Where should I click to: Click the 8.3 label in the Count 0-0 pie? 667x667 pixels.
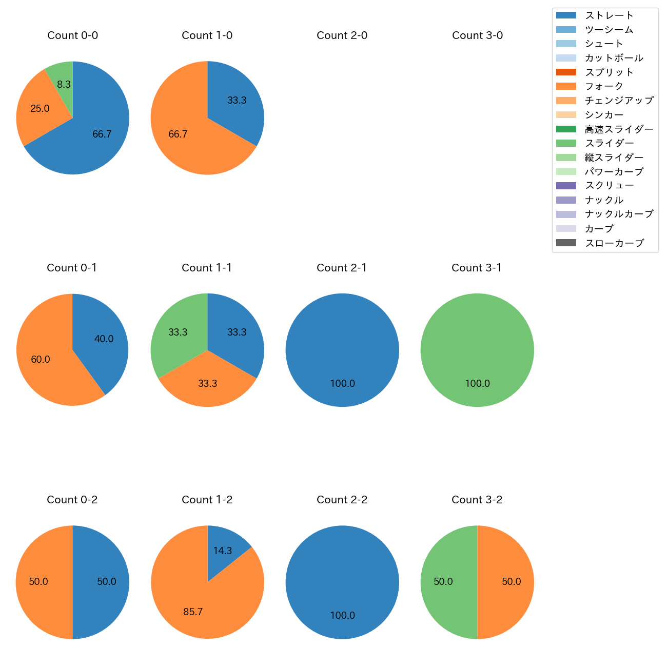click(x=64, y=85)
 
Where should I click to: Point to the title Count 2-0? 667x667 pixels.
click(x=342, y=35)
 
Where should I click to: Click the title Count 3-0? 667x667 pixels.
click(x=477, y=35)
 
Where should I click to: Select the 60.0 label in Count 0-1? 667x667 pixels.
click(x=41, y=360)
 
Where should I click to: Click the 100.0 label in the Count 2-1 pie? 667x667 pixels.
click(x=342, y=384)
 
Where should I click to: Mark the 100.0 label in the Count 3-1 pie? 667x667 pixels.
click(x=477, y=384)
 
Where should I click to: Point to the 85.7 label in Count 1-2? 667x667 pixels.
click(x=193, y=612)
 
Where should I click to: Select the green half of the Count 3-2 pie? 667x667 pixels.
click(x=446, y=582)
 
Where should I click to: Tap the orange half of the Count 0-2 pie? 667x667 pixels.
click(x=41, y=582)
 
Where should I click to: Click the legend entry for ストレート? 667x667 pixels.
click(x=609, y=15)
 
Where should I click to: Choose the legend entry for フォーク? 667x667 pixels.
click(x=604, y=86)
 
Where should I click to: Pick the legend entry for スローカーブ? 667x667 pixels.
click(x=614, y=243)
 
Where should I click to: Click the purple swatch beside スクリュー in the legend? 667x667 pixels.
click(x=566, y=186)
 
